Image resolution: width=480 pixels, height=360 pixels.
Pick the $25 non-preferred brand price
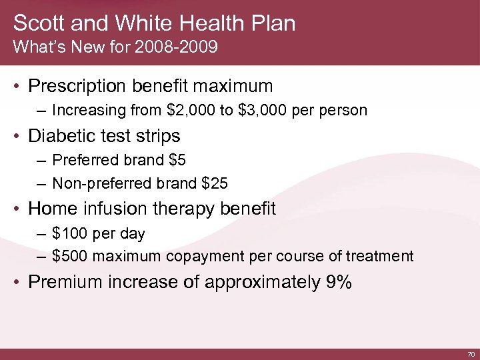(x=205, y=183)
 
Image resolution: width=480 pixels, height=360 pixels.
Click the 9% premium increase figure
(x=339, y=282)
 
